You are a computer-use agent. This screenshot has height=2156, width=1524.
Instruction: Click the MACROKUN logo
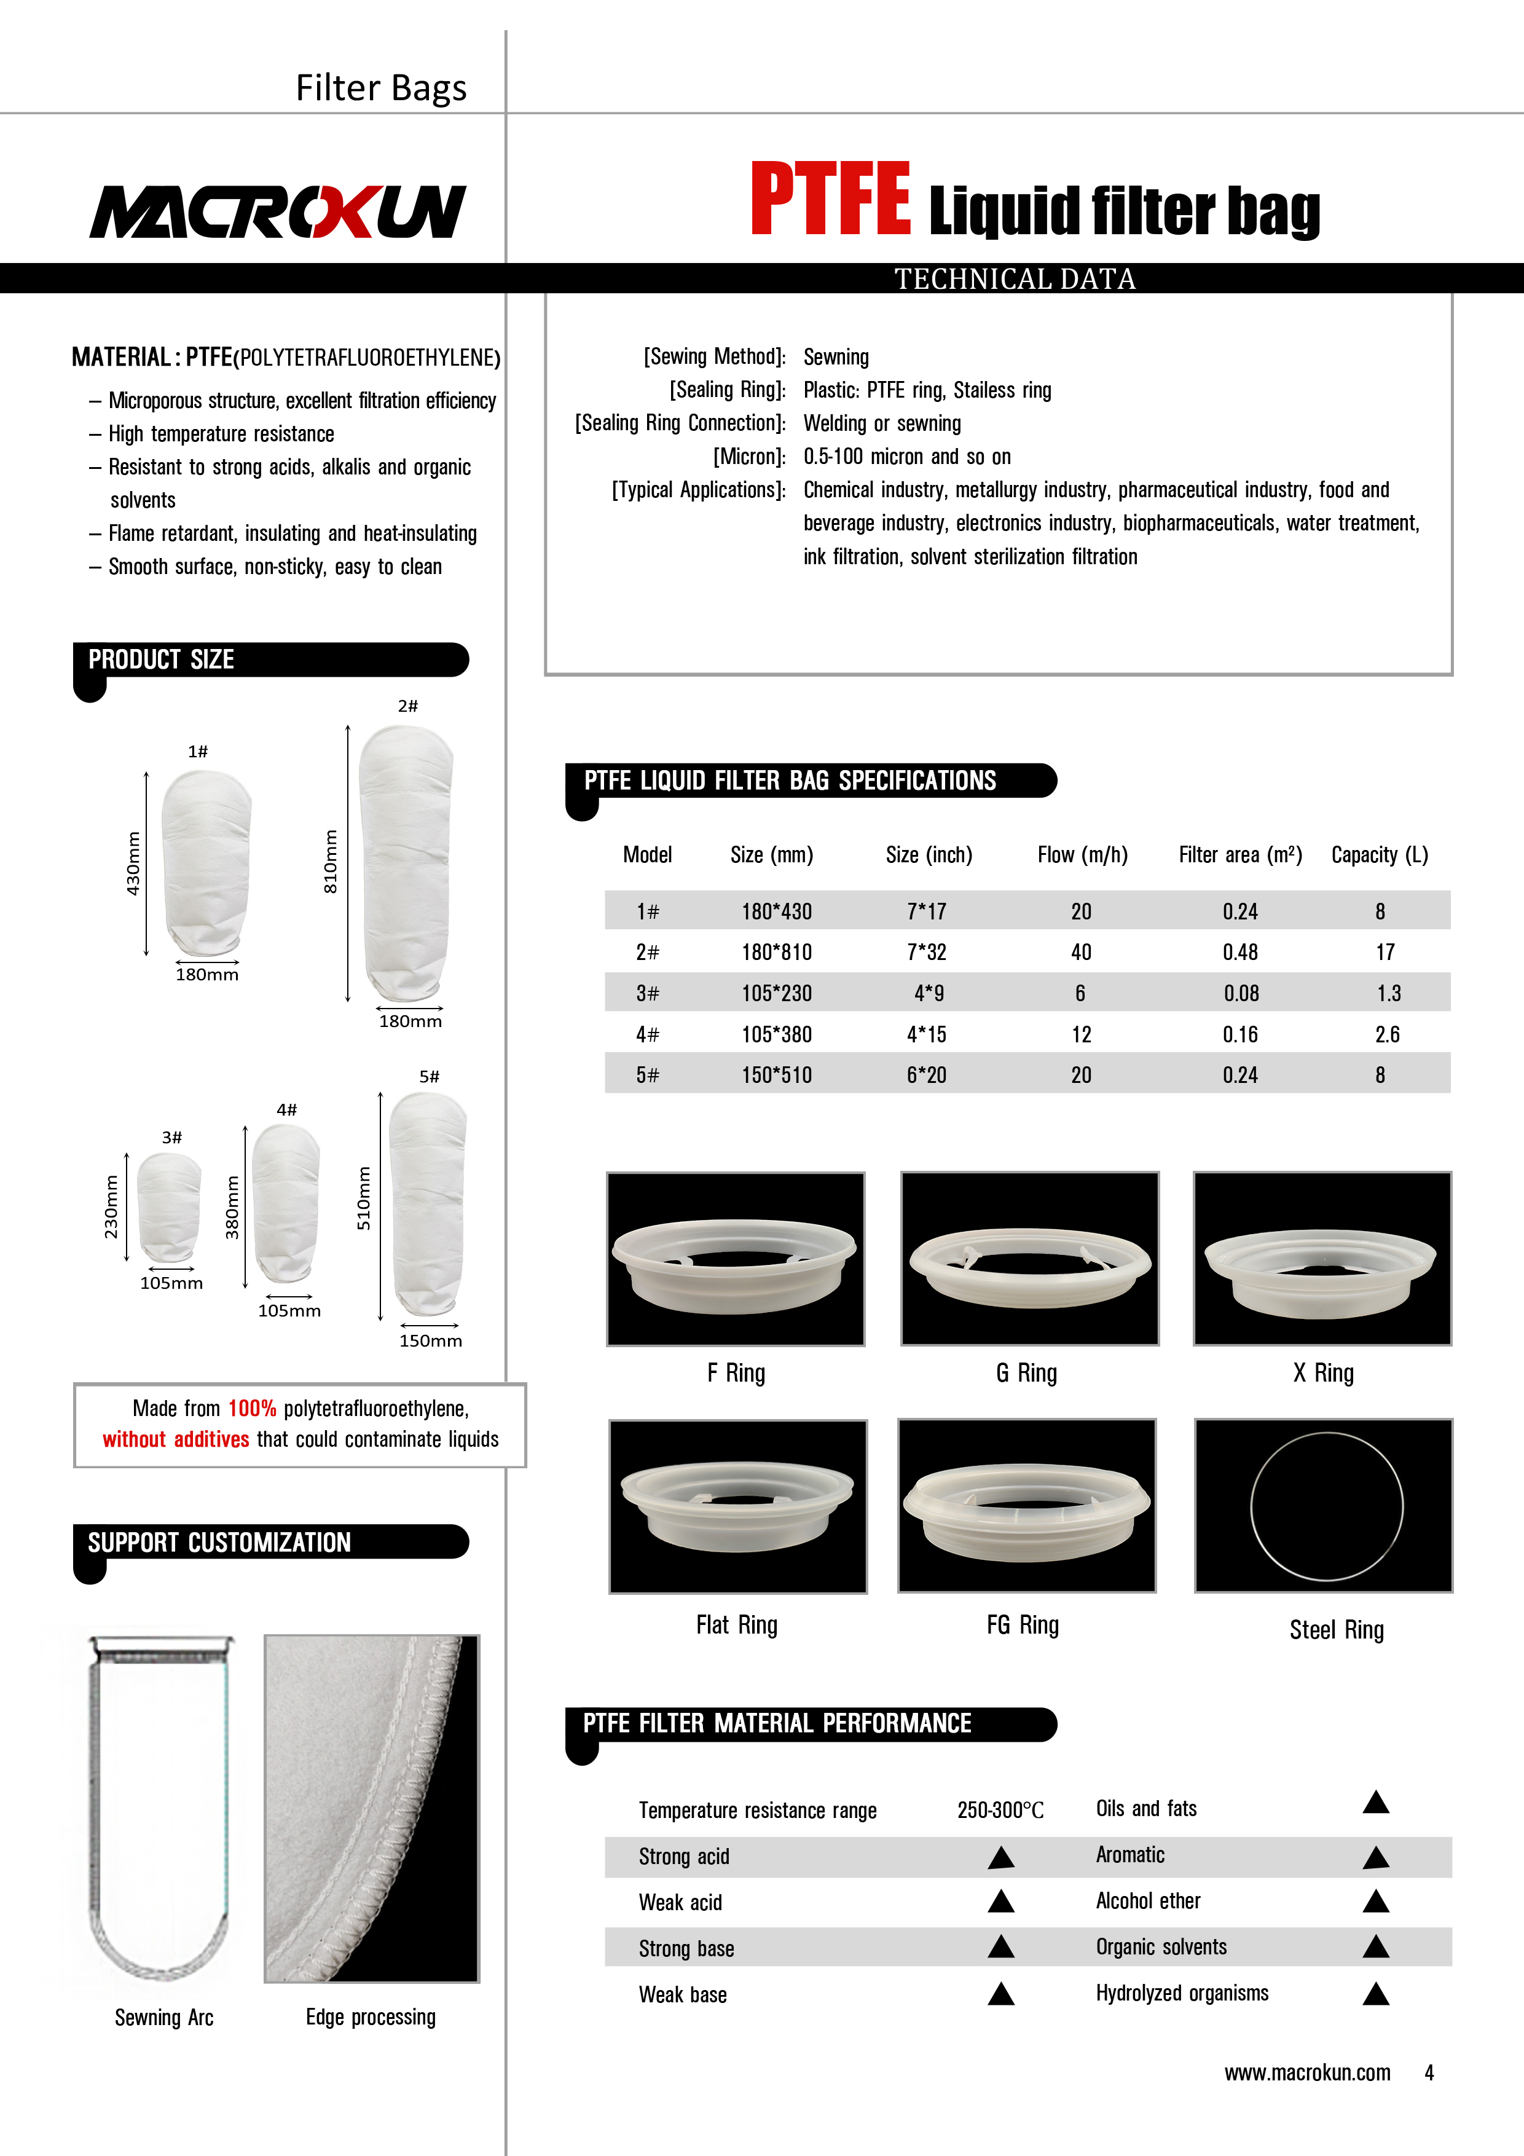[x=277, y=211]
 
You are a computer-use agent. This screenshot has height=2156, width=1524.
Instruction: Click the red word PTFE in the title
[x=830, y=200]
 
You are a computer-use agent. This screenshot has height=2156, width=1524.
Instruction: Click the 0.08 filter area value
[x=1241, y=993]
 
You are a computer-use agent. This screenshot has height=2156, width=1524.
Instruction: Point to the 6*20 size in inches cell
[x=926, y=1075]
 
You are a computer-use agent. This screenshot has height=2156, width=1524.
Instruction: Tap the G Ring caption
[x=1026, y=1373]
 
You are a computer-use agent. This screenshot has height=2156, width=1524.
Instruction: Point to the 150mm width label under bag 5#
[x=430, y=1341]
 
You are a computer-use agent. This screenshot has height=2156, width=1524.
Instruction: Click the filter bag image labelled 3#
[x=169, y=1206]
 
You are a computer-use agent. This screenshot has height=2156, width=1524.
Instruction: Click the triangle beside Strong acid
[x=1001, y=1857]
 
